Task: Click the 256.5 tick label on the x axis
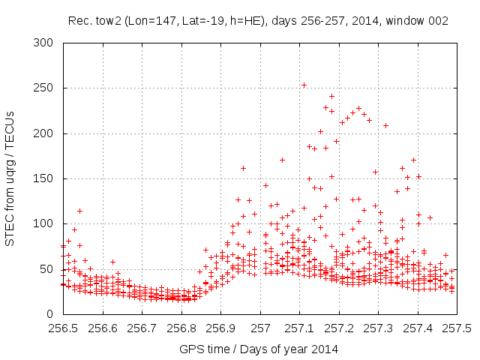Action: click(x=63, y=328)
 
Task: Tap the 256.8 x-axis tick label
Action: click(x=181, y=328)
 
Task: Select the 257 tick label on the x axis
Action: click(x=260, y=328)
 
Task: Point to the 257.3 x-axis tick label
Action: click(x=378, y=328)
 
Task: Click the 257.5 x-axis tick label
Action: click(x=457, y=328)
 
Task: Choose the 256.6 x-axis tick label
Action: click(x=103, y=328)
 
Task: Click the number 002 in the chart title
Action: click(x=438, y=21)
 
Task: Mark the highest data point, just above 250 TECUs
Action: click(x=304, y=85)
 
